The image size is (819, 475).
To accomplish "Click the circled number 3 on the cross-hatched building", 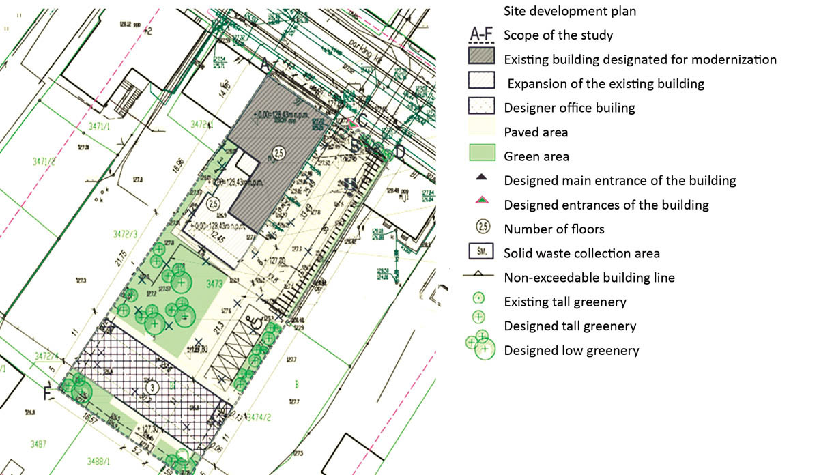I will click(x=152, y=387).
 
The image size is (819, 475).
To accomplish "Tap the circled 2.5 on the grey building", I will click(x=278, y=153).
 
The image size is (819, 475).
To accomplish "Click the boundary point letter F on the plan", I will click(x=47, y=394).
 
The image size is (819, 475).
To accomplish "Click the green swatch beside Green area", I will click(x=481, y=156).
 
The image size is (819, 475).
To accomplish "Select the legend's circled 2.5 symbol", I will click(x=480, y=229).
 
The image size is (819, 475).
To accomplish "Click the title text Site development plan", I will click(x=570, y=11).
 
